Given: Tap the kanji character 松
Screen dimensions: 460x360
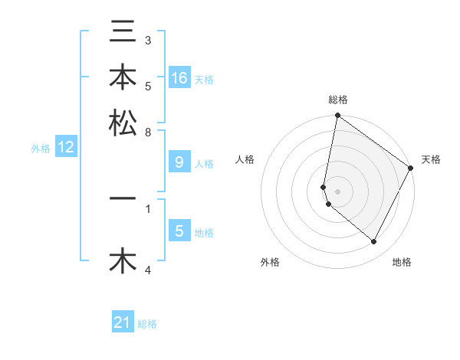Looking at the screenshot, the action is [123, 123].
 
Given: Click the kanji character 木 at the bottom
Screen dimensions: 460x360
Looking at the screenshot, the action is [123, 260].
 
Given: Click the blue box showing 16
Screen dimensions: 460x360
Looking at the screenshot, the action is [179, 78].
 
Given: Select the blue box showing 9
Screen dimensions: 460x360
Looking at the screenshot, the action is [179, 162].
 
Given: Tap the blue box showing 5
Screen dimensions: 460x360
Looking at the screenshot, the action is [179, 231].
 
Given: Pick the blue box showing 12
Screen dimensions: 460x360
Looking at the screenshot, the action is [66, 148].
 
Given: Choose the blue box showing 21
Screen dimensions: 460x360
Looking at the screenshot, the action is [123, 322].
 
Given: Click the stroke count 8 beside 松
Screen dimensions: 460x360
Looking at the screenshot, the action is [148, 132].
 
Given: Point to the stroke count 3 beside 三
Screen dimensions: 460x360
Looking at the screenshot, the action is [148, 40].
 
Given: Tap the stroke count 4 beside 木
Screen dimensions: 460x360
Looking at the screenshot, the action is [148, 270].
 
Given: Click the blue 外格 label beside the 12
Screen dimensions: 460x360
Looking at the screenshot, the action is [41, 149].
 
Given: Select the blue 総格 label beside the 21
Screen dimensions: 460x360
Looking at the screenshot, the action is [147, 324].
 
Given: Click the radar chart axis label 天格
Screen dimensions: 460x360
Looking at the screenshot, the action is [431, 159].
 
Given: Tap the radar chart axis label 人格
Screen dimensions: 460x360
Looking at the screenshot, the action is [245, 159].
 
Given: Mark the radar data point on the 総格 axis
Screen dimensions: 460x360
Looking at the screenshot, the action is [337, 116].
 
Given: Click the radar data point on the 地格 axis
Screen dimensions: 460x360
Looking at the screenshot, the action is [374, 242].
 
